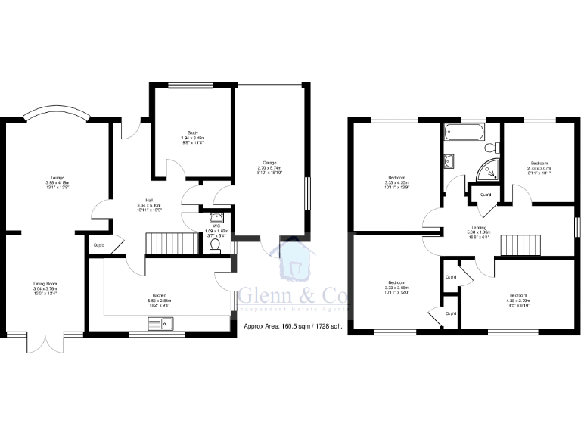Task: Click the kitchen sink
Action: (162, 325)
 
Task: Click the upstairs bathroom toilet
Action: (489, 147)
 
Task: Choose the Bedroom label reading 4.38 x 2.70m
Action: (517, 297)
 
